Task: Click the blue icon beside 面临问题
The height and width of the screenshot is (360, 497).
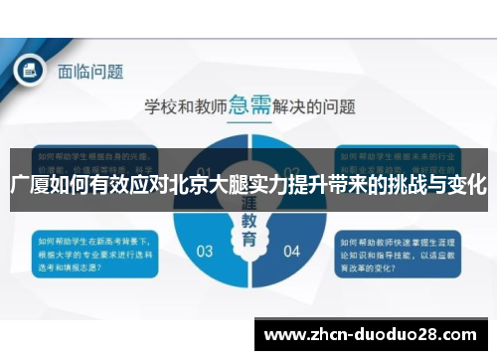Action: [29, 71]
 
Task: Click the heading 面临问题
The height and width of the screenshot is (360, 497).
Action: [89, 72]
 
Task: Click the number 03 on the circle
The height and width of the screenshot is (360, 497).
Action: [205, 250]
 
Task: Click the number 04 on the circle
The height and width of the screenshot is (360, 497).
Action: [290, 250]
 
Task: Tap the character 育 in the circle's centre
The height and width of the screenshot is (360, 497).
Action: [248, 242]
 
